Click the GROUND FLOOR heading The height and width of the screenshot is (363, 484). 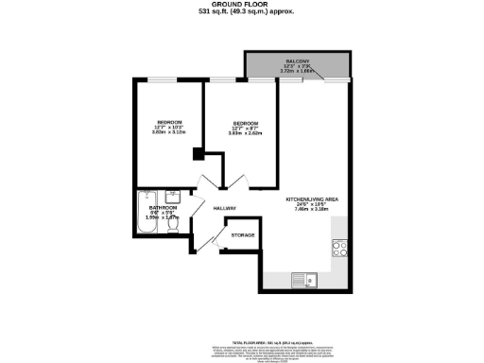pos(241,5)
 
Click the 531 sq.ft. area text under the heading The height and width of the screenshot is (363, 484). pos(241,13)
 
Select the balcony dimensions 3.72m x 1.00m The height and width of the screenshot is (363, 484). pos(298,72)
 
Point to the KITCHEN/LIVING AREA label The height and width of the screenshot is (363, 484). pos(311,199)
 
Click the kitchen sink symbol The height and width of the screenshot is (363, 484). pos(304,280)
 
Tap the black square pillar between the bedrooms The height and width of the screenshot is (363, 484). pos(197,154)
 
